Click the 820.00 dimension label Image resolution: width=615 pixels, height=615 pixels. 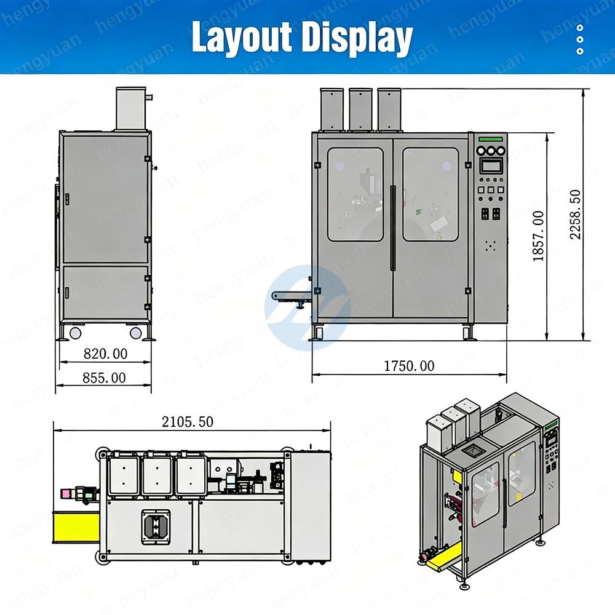pos(106,354)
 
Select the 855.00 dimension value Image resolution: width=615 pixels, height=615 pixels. pos(105,378)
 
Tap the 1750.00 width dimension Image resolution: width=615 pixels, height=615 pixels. pos(409,366)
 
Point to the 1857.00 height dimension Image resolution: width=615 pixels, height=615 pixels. pos(539,236)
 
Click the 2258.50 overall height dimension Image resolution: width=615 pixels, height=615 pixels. pos(576,215)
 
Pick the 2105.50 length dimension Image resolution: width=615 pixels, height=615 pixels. pos(188,422)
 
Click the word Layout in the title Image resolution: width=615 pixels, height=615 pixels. pos(242,37)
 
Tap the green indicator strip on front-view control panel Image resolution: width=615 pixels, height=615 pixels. pos(491,139)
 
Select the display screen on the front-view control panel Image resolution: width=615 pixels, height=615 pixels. pos(491,165)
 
